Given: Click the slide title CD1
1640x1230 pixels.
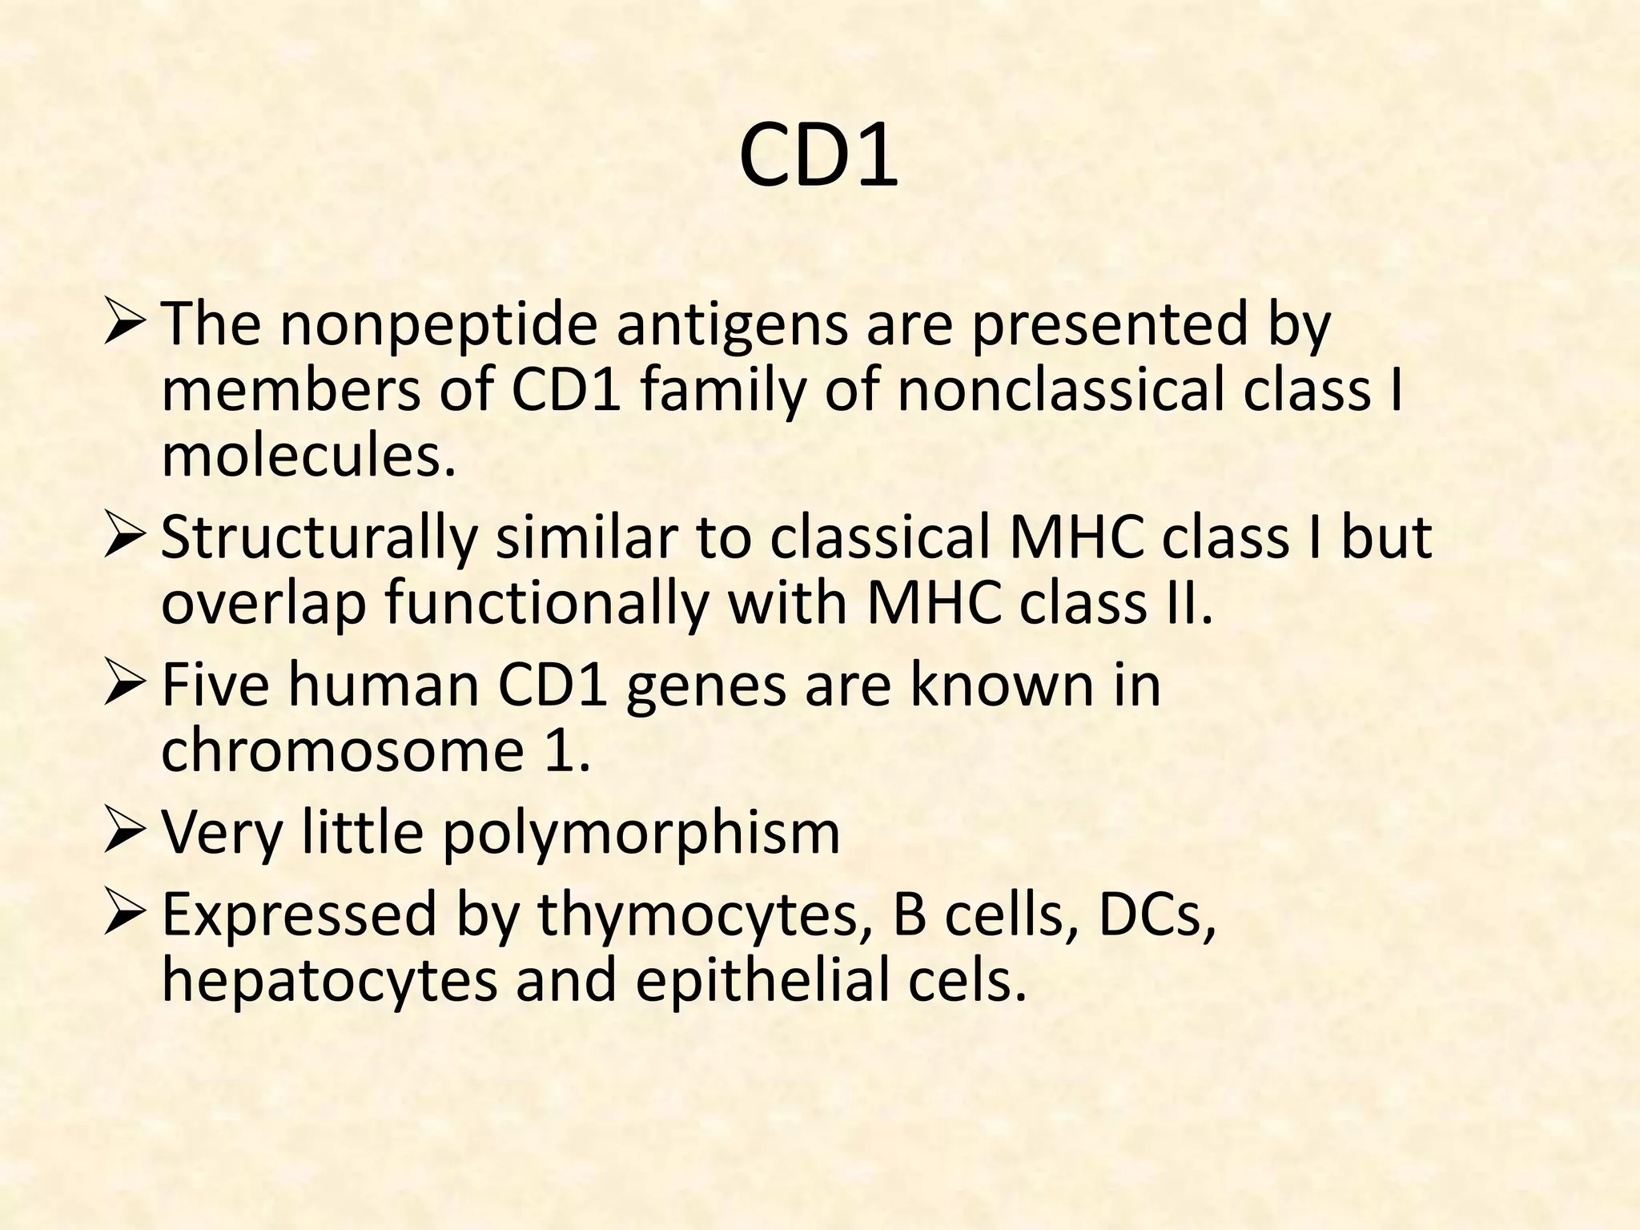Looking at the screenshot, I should click(x=818, y=157).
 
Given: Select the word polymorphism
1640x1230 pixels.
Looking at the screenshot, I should click(x=641, y=833).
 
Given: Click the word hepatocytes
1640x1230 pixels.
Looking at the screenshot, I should click(x=329, y=980).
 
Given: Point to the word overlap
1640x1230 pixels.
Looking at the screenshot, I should click(x=263, y=602).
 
